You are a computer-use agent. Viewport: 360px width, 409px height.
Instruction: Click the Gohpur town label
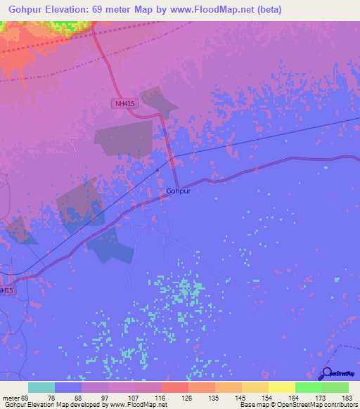coord(179,190)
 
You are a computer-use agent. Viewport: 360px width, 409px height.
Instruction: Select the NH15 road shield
coord(5,290)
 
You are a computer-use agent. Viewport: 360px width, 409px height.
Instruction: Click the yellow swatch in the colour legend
coord(281,387)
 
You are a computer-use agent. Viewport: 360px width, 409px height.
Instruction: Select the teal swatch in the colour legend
coord(41,387)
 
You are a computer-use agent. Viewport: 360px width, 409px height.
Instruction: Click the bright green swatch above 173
coord(308,387)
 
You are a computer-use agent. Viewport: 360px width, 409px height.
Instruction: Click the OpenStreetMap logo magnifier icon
coord(326,374)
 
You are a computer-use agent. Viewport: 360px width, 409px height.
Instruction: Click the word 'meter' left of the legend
coord(10,397)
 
